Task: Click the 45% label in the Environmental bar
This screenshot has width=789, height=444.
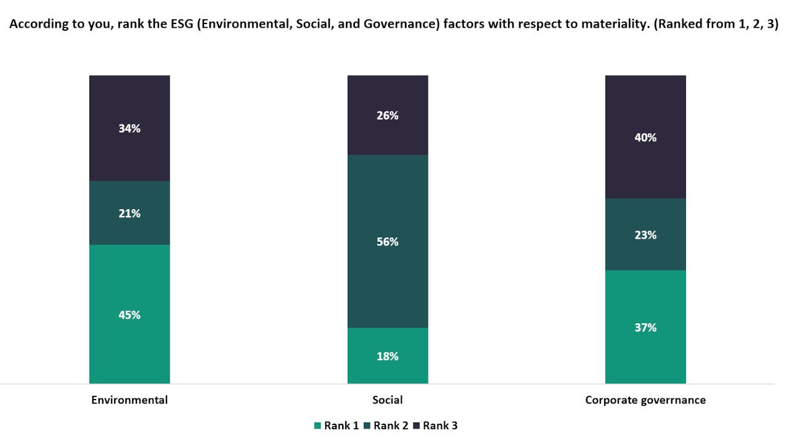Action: coord(129,314)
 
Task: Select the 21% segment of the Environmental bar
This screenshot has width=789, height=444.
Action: coord(129,213)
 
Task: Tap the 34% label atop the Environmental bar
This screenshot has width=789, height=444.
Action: coord(129,128)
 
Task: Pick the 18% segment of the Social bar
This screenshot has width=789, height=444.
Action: coord(388,356)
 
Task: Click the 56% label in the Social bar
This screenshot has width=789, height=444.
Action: coord(388,242)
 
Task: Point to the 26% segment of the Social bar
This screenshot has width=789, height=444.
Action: coord(388,115)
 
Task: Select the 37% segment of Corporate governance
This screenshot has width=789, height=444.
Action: coord(645,327)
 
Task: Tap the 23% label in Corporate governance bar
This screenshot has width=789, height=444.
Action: coord(645,235)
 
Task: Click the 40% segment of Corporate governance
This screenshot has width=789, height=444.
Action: coord(645,138)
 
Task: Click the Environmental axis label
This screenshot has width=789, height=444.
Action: coord(129,400)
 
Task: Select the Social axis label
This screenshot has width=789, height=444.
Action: coord(388,400)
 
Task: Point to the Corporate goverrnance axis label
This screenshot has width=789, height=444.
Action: coord(645,400)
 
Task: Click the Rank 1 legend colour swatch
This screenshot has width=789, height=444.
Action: coord(317,425)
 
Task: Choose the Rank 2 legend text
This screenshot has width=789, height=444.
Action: coord(391,425)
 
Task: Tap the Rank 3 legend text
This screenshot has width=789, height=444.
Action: coord(440,425)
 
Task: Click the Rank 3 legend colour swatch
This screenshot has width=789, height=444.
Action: coord(416,425)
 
